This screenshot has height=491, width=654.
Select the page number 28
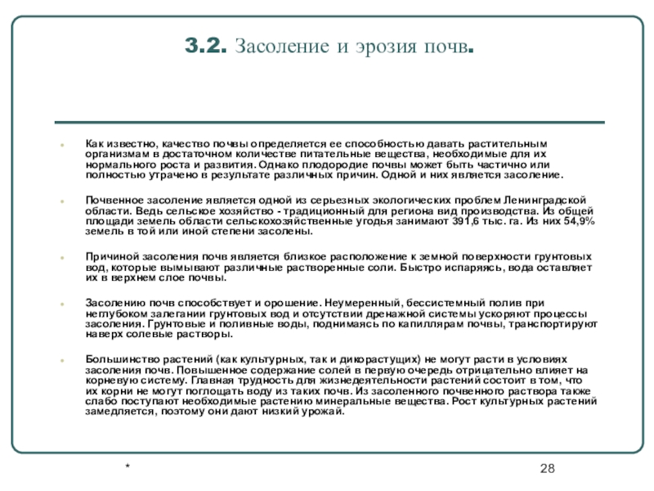pyautogui.click(x=548, y=467)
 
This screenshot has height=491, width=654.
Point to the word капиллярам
pyautogui.click(x=397, y=324)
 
